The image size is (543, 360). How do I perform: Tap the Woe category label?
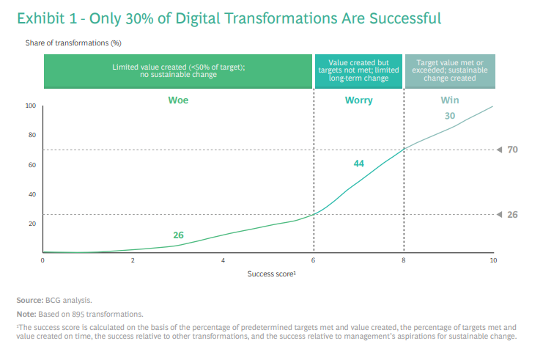[178, 100]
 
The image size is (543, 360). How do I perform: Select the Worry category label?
[359, 100]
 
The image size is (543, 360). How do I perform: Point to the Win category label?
[450, 100]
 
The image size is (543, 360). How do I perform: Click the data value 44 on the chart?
[359, 164]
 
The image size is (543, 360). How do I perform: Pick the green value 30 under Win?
[450, 116]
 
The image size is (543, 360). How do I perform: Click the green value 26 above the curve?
[178, 235]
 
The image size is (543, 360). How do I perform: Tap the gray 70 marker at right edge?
[513, 150]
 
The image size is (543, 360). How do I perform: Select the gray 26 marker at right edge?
[513, 214]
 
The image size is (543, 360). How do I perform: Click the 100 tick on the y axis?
[31, 106]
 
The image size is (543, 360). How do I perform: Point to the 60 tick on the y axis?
[32, 165]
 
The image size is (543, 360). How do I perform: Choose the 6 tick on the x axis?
[314, 260]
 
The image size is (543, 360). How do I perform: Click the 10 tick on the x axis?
[493, 260]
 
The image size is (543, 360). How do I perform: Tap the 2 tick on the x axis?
[133, 260]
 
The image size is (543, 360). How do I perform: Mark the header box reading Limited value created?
[178, 70]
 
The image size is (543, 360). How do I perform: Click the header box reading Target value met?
[450, 70]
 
